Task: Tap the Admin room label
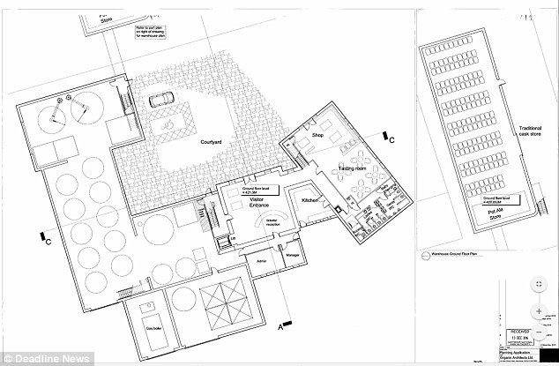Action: pos(261,261)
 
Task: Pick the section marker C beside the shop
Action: pos(391,138)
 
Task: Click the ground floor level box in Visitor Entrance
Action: pos(250,189)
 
